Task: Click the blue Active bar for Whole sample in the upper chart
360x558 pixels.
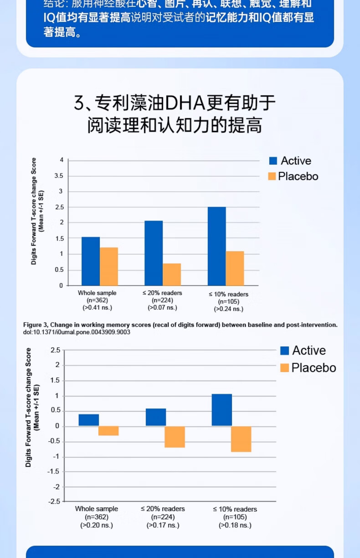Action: (x=90, y=261)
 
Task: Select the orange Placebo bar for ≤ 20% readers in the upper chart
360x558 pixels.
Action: (x=172, y=274)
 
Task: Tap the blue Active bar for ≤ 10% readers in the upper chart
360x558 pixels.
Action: (x=216, y=246)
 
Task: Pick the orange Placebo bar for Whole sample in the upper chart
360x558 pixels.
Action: (x=109, y=266)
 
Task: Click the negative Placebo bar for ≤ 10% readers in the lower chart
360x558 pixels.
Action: (x=241, y=439)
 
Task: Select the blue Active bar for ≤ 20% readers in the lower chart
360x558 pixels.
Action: (x=156, y=417)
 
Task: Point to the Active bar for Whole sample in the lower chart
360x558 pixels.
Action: (x=89, y=420)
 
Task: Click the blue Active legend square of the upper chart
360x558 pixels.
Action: (x=273, y=161)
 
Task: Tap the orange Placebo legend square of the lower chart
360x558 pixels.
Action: (x=284, y=368)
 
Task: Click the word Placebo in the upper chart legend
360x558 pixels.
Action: (x=298, y=176)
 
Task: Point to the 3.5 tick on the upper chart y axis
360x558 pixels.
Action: (x=58, y=176)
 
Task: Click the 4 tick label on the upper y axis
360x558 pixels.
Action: (x=61, y=160)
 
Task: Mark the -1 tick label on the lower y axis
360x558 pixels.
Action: (x=57, y=457)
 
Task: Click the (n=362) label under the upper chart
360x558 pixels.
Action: (x=97, y=300)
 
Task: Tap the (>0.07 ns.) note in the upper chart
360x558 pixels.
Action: (x=162, y=308)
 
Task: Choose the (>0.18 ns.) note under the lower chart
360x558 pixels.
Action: (x=235, y=525)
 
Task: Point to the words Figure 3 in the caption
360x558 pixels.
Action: (x=35, y=325)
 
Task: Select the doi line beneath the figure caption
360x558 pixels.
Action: (x=77, y=332)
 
